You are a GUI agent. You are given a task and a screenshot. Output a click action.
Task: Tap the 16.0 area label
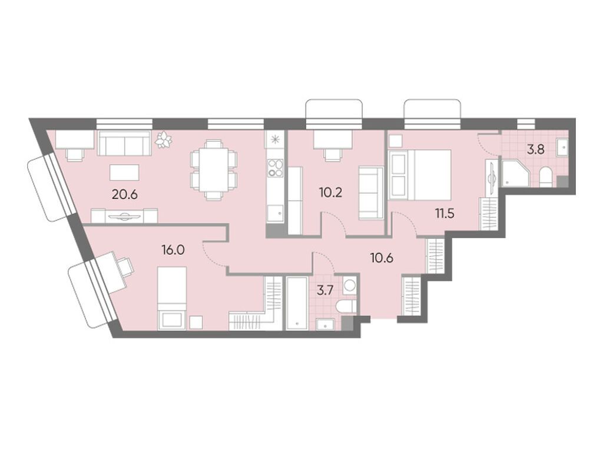click(x=173, y=250)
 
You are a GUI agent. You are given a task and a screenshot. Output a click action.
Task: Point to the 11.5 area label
click(x=445, y=212)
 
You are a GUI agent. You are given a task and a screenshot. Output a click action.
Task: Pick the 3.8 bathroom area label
click(x=535, y=149)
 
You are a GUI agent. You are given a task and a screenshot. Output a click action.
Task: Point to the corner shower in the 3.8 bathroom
click(x=515, y=174)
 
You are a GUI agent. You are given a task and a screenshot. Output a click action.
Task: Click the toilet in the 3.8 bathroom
click(x=546, y=176)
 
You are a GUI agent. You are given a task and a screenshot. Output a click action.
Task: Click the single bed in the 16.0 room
click(x=172, y=297)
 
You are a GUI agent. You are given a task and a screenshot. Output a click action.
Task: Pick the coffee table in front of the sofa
click(x=124, y=172)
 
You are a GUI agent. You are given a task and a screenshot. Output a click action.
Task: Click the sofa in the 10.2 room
click(x=371, y=192)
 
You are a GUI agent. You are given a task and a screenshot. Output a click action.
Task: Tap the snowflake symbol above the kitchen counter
click(x=274, y=141)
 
